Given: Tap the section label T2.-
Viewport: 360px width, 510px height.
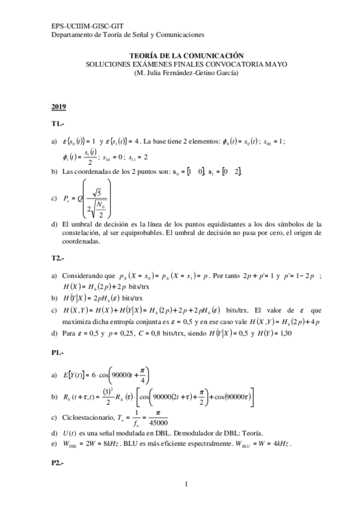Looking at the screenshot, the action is coord(58,257).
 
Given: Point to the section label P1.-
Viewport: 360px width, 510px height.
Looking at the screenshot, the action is coord(58,355).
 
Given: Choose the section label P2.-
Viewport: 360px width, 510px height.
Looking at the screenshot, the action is coord(58,464).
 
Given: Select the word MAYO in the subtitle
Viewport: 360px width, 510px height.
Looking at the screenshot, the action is coord(275,64).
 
